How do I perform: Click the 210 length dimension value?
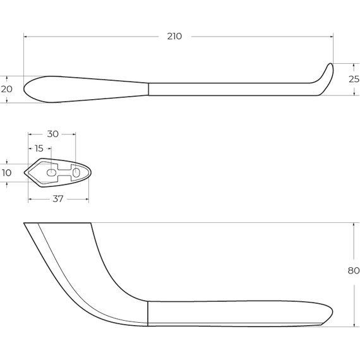[x=174, y=36]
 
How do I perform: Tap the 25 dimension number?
[x=354, y=79]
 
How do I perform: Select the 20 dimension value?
[x=7, y=89]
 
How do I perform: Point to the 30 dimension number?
[x=53, y=134]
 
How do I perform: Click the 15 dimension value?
[x=39, y=148]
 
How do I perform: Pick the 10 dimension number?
[x=7, y=173]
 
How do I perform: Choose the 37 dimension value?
[x=57, y=199]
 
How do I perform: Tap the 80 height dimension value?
[x=354, y=271]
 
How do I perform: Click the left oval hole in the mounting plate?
[x=51, y=172]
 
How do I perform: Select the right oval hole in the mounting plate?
[x=76, y=172]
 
